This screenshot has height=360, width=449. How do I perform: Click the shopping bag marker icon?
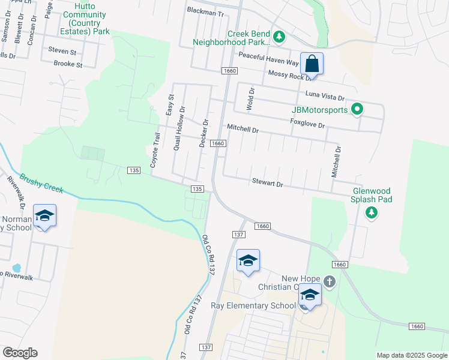click(312, 63)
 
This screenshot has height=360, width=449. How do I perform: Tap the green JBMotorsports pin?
click(357, 109)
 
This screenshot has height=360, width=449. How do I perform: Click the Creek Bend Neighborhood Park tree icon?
click(279, 37)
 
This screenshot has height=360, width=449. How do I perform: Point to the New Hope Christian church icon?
click(329, 281)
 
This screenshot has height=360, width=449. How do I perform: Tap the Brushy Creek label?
click(41, 184)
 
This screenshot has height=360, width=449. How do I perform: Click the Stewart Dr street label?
click(267, 182)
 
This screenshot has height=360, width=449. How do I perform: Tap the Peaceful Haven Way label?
click(268, 58)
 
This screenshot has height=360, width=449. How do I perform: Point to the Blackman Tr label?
click(205, 11)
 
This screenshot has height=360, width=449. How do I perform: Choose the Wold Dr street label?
click(252, 99)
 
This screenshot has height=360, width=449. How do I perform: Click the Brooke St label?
click(67, 64)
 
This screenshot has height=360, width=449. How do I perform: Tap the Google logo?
click(20, 353)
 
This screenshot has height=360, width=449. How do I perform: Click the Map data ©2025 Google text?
click(411, 355)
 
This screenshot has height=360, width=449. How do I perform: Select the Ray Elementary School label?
click(253, 305)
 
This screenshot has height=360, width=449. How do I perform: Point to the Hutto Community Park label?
click(85, 22)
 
